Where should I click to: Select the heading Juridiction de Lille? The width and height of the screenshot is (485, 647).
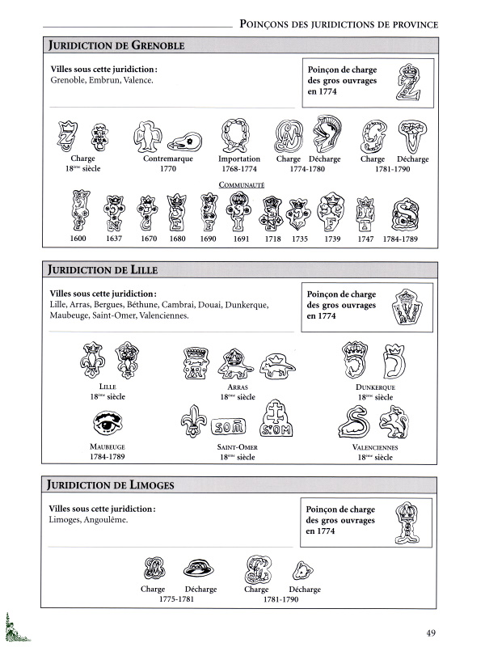coord(106,269)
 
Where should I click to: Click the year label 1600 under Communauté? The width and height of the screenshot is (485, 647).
coord(78,239)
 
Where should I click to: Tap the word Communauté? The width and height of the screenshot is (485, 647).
coord(241,184)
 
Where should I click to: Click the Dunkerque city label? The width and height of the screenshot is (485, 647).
coord(377,388)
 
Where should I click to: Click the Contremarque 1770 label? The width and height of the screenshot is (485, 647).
coord(168,164)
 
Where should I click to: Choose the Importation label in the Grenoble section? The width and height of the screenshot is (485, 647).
coord(239,159)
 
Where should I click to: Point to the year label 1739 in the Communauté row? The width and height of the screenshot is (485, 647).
coord(331,239)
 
